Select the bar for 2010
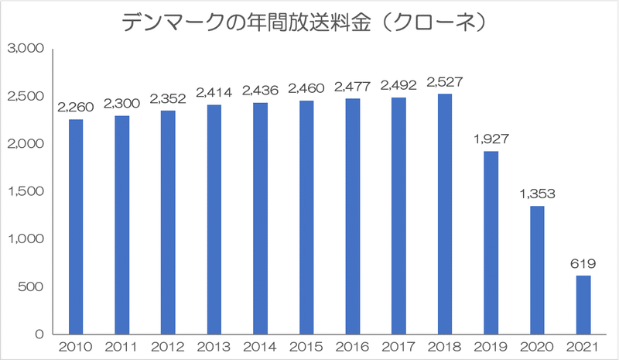(x=76, y=227)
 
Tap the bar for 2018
(x=444, y=214)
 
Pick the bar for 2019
(x=491, y=243)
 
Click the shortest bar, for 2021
(x=583, y=305)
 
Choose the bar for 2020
(x=537, y=270)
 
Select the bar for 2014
(x=260, y=218)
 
